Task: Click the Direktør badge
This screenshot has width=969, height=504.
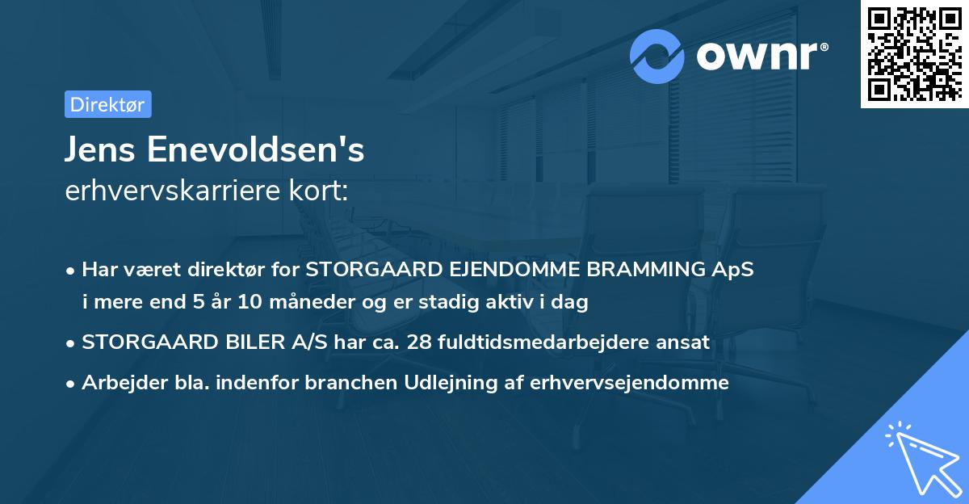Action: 107,104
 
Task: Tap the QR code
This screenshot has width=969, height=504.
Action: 914,54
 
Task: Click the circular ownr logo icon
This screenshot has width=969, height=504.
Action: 658,56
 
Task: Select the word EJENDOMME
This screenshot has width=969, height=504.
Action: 508,269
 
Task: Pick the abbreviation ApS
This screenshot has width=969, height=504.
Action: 735,269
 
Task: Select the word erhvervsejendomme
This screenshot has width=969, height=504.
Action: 630,382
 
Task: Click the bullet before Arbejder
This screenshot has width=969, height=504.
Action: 71,383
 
